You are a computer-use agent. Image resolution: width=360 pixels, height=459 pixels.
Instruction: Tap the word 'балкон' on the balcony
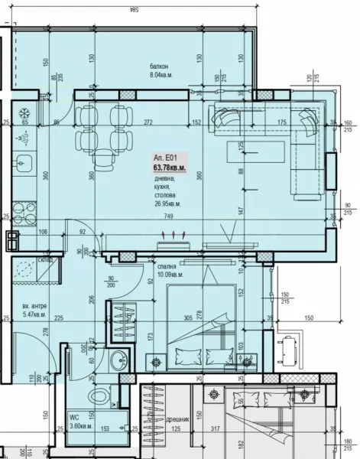pos(160,67)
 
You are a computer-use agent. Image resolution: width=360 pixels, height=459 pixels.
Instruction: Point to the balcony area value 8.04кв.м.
pos(162,76)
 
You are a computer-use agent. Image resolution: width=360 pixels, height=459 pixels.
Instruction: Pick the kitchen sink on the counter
pos(22,162)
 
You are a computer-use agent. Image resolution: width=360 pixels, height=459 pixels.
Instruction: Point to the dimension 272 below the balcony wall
pos(149,122)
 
